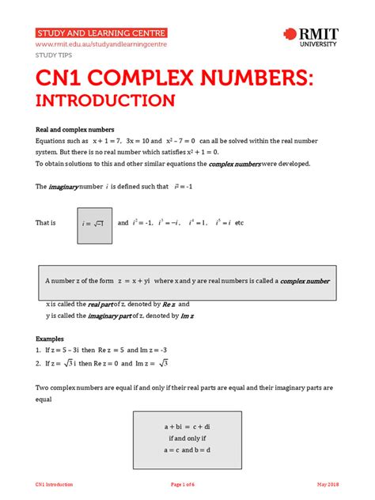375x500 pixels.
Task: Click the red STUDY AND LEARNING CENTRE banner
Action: point(101,32)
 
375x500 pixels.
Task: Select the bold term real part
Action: point(100,305)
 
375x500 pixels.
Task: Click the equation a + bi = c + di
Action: point(187,426)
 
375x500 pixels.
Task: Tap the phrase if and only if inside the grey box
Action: point(187,437)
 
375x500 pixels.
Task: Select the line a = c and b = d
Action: point(187,449)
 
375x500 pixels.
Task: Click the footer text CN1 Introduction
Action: point(54,484)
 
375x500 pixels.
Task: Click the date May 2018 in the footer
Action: point(328,484)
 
